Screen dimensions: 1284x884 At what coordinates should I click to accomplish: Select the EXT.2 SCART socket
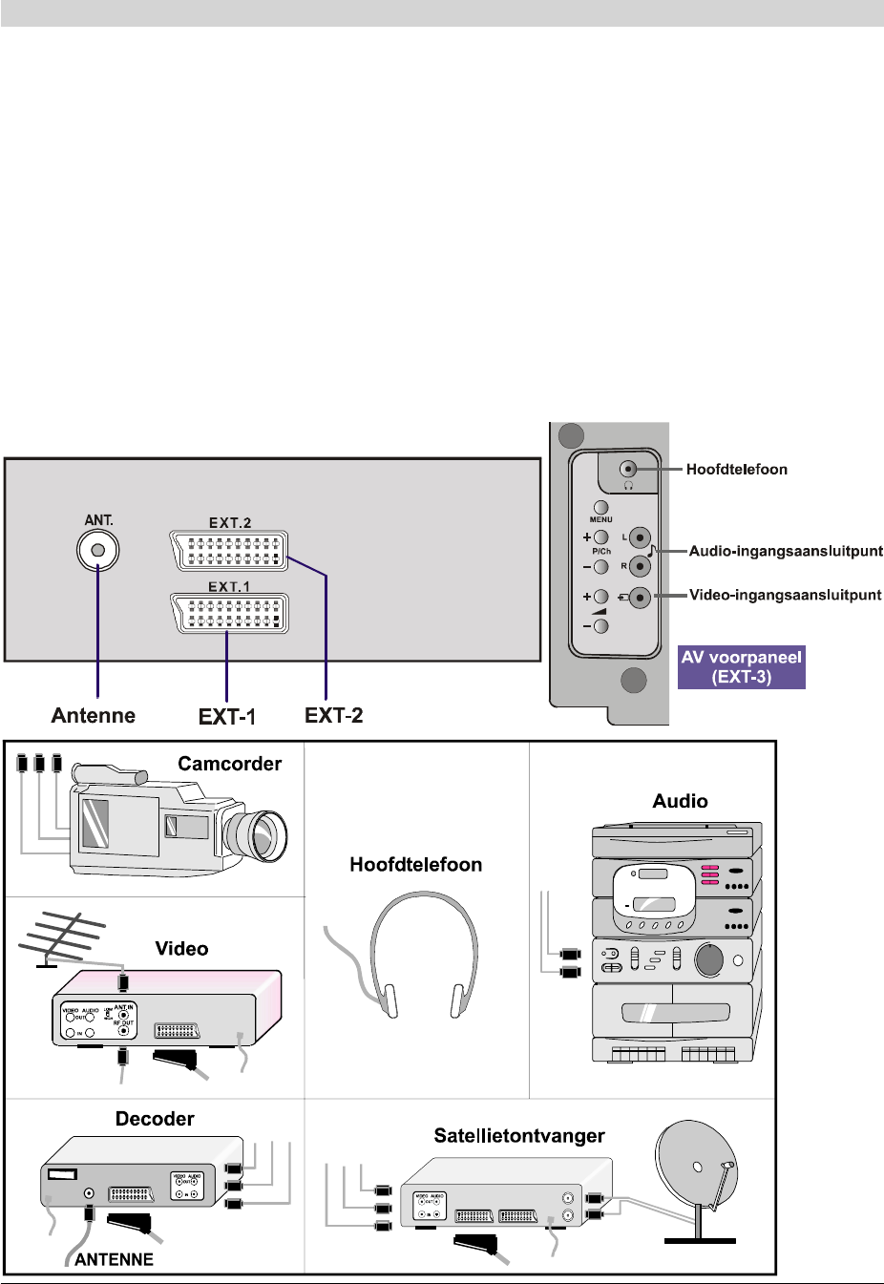229,551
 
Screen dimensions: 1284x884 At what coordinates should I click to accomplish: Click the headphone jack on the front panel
628,469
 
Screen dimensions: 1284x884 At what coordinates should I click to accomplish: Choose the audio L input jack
641,537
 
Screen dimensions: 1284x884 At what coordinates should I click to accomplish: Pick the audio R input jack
641,566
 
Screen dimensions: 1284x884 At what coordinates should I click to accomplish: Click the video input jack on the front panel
641,598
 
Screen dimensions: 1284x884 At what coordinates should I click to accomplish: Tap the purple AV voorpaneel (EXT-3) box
742,667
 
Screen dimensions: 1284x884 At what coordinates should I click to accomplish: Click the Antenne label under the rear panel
94,715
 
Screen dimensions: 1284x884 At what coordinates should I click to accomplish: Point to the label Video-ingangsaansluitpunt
785,595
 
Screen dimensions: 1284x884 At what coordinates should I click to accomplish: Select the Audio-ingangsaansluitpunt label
786,551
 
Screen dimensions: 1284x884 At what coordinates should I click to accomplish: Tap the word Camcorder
229,764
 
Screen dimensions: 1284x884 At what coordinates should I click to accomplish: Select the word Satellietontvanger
518,1135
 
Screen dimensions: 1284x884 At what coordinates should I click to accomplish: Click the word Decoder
155,1118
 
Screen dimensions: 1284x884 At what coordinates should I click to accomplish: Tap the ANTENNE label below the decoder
114,1259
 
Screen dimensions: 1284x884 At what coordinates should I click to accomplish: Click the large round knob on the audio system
708,959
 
